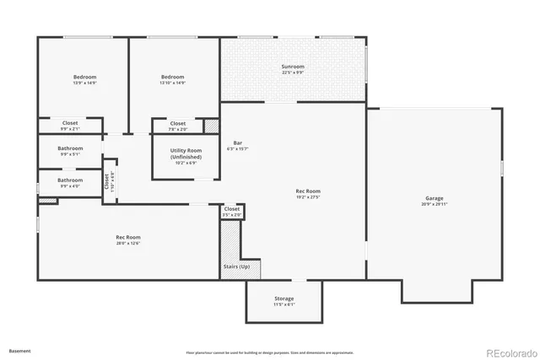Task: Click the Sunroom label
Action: pyautogui.click(x=293, y=67)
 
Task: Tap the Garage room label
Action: pyautogui.click(x=434, y=199)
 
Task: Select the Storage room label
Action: pyautogui.click(x=283, y=299)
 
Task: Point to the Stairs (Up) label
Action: pyautogui.click(x=236, y=266)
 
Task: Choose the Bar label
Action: pyautogui.click(x=239, y=143)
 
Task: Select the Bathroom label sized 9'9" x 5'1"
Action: pyautogui.click(x=70, y=149)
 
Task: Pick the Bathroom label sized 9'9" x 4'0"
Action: pyautogui.click(x=70, y=180)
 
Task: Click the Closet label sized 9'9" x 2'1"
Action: pyautogui.click(x=70, y=123)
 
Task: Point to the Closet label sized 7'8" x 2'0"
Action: pyautogui.click(x=178, y=124)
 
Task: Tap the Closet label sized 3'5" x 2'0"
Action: pyautogui.click(x=232, y=208)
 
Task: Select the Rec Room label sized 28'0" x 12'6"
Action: pyautogui.click(x=128, y=238)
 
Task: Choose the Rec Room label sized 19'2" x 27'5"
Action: pyautogui.click(x=308, y=191)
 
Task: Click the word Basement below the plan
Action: pyautogui.click(x=19, y=350)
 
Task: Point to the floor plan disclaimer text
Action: pyautogui.click(x=270, y=352)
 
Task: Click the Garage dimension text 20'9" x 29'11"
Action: pyautogui.click(x=434, y=204)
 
